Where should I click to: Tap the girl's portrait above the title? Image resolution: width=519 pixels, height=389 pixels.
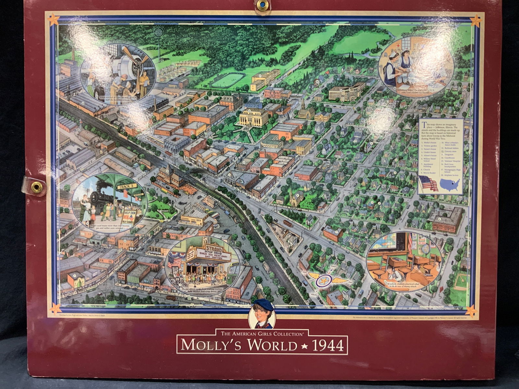(x=261, y=314)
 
